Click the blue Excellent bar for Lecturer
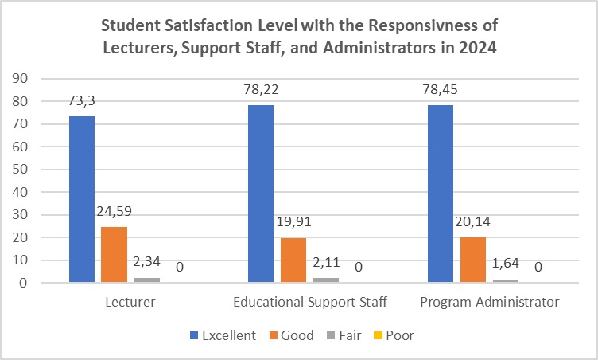[82, 199]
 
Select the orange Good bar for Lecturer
[115, 255]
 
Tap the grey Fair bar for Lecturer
[147, 280]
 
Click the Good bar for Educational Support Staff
[293, 260]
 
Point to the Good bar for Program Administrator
[473, 260]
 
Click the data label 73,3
[82, 100]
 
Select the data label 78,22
[261, 89]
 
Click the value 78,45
[441, 89]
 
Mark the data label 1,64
[506, 264]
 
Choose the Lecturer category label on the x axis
[130, 303]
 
